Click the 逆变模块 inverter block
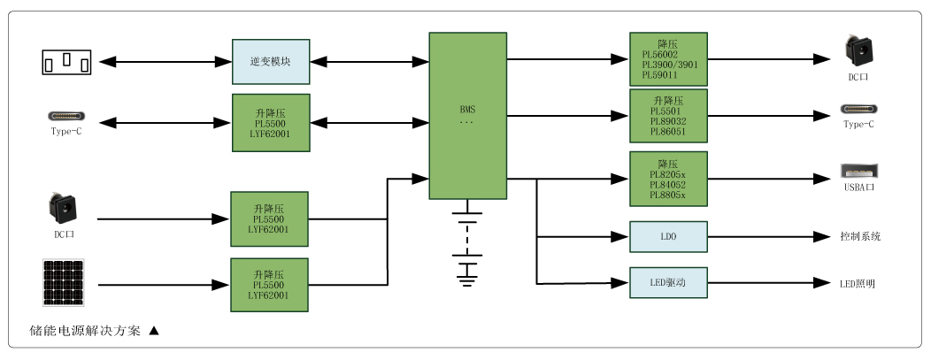point(271,62)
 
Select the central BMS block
point(467,116)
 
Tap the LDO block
point(668,236)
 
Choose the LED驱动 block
point(668,283)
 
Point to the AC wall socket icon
point(66,62)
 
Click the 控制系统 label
point(859,237)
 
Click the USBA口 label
point(858,188)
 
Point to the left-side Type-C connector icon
point(66,117)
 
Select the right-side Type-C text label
point(858,125)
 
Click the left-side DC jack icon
point(65,210)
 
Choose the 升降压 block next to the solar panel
point(270,285)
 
